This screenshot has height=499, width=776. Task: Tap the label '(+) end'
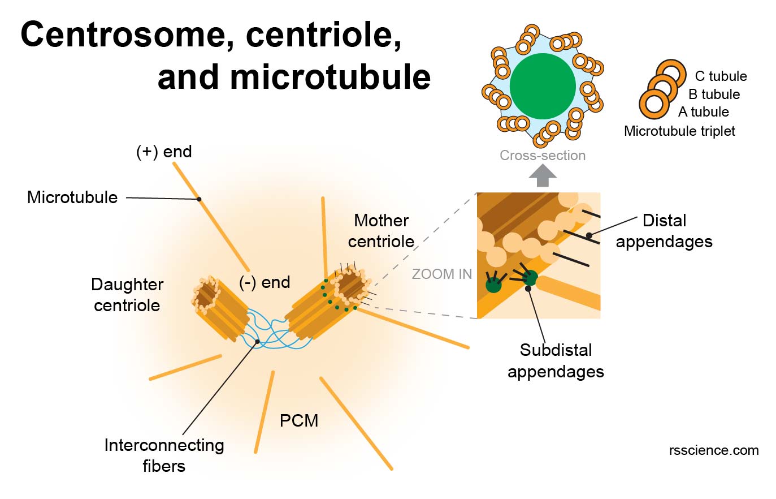pyautogui.click(x=164, y=152)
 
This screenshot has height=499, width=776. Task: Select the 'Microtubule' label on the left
pyautogui.click(x=72, y=197)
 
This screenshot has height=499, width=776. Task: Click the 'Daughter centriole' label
pyautogui.click(x=127, y=295)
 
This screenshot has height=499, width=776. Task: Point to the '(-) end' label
pyautogui.click(x=265, y=282)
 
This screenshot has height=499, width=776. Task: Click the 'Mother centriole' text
pyautogui.click(x=381, y=231)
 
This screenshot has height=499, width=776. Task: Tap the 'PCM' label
pyautogui.click(x=299, y=421)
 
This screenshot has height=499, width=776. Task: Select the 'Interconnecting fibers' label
pyautogui.click(x=164, y=455)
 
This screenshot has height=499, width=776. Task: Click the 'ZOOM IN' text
pyautogui.click(x=441, y=274)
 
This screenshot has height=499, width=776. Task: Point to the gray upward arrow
pyautogui.click(x=543, y=176)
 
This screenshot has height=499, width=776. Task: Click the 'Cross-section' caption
pyautogui.click(x=543, y=156)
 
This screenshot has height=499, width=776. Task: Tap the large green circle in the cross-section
pyautogui.click(x=543, y=87)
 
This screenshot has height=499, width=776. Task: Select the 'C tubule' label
pyautogui.click(x=721, y=76)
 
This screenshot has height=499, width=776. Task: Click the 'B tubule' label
pyautogui.click(x=714, y=94)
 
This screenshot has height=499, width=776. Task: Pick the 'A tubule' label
pyautogui.click(x=704, y=112)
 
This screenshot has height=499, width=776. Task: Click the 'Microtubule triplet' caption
pyautogui.click(x=679, y=131)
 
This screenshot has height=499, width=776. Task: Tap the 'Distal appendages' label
pyautogui.click(x=664, y=231)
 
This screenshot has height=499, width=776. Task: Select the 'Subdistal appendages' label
pyautogui.click(x=556, y=361)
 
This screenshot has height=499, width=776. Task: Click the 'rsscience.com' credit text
pyautogui.click(x=714, y=450)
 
